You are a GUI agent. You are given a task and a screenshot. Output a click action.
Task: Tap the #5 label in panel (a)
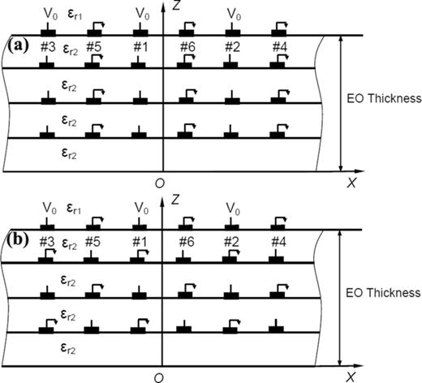pos(93,48)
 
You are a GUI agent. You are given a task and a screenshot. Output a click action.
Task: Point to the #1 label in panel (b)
pos(142,243)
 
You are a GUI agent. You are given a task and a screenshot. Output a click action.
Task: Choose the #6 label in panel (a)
pos(188,48)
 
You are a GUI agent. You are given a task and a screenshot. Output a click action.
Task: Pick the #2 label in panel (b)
pos(234,243)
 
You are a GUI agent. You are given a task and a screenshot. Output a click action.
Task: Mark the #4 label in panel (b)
pos(281,243)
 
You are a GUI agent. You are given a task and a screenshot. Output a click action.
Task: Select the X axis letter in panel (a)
pos(351,183)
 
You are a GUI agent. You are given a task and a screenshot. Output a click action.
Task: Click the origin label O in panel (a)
pos(159,183)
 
